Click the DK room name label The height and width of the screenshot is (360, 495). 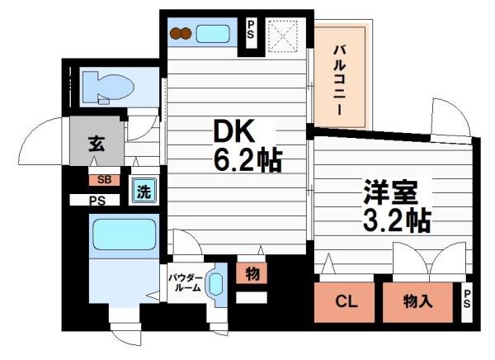[233, 131]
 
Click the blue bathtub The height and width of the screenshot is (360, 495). [124, 234]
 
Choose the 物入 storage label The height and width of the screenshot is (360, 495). [417, 301]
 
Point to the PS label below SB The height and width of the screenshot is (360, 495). [98, 200]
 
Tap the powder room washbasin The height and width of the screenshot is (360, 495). [215, 285]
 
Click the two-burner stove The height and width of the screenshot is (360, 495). [181, 34]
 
